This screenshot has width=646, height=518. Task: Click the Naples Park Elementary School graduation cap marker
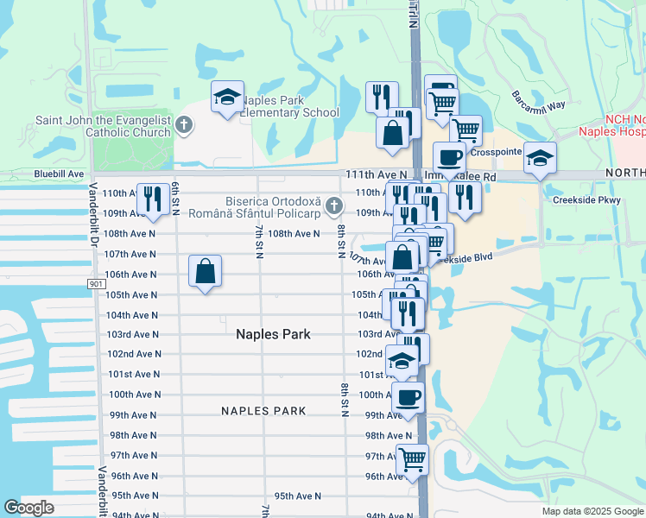(x=228, y=98)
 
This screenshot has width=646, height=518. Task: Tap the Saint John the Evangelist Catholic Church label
(x=103, y=126)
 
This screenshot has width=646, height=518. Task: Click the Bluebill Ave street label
(x=59, y=174)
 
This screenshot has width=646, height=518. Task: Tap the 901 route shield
(x=97, y=284)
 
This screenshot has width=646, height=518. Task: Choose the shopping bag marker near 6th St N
(x=206, y=272)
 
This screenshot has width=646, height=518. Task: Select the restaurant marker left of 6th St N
(x=153, y=199)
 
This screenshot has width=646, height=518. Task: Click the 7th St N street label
(x=258, y=241)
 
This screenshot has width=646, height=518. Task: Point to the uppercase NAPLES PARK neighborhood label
(x=263, y=411)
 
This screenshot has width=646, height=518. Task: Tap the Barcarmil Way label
(x=537, y=98)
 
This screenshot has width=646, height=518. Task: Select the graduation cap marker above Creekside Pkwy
(x=540, y=160)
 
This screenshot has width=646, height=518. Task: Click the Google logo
(x=28, y=508)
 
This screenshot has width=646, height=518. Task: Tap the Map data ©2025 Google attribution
(x=592, y=511)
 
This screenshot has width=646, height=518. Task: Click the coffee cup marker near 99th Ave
(x=408, y=398)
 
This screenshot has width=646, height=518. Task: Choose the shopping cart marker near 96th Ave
(x=413, y=459)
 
